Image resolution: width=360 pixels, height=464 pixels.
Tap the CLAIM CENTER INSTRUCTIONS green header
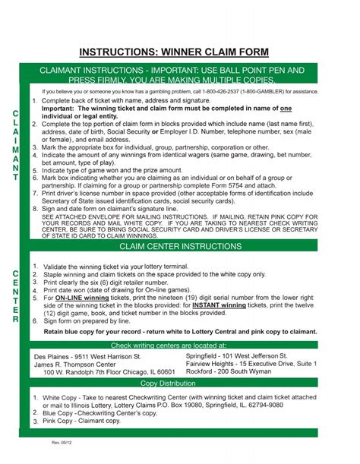coord(180,247)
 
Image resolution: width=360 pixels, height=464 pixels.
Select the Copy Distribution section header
coord(179,384)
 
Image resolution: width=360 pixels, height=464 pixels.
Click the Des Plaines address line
coord(87,355)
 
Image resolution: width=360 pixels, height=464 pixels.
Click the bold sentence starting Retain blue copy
coord(180,332)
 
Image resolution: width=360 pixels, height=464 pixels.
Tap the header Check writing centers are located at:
coord(179,345)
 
